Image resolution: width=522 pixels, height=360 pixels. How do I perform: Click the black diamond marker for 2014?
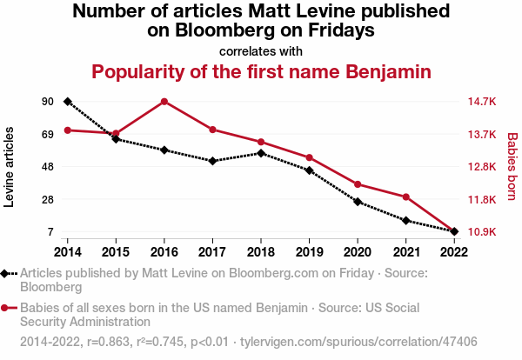(67, 102)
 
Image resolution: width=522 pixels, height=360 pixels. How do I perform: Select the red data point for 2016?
(164, 101)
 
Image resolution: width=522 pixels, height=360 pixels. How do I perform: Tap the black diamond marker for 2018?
(261, 153)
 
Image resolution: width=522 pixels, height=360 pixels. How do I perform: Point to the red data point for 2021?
(405, 197)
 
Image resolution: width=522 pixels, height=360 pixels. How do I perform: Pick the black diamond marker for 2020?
(358, 202)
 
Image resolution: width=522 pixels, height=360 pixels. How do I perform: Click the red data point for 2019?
(309, 157)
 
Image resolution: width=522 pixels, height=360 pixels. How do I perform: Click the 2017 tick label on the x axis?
(212, 251)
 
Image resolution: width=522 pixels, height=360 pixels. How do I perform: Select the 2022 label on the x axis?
(454, 251)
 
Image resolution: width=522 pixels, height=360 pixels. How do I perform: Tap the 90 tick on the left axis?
(47, 102)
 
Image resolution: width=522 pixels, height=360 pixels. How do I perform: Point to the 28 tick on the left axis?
(47, 200)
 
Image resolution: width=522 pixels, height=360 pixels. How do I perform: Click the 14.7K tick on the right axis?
(482, 102)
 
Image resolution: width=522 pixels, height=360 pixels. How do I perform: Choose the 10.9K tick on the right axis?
(482, 232)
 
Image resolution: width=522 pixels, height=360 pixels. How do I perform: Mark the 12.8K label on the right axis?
(482, 167)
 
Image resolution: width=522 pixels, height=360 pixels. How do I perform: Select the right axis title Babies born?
(512, 167)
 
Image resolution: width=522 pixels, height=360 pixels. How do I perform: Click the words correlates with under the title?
(261, 51)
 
